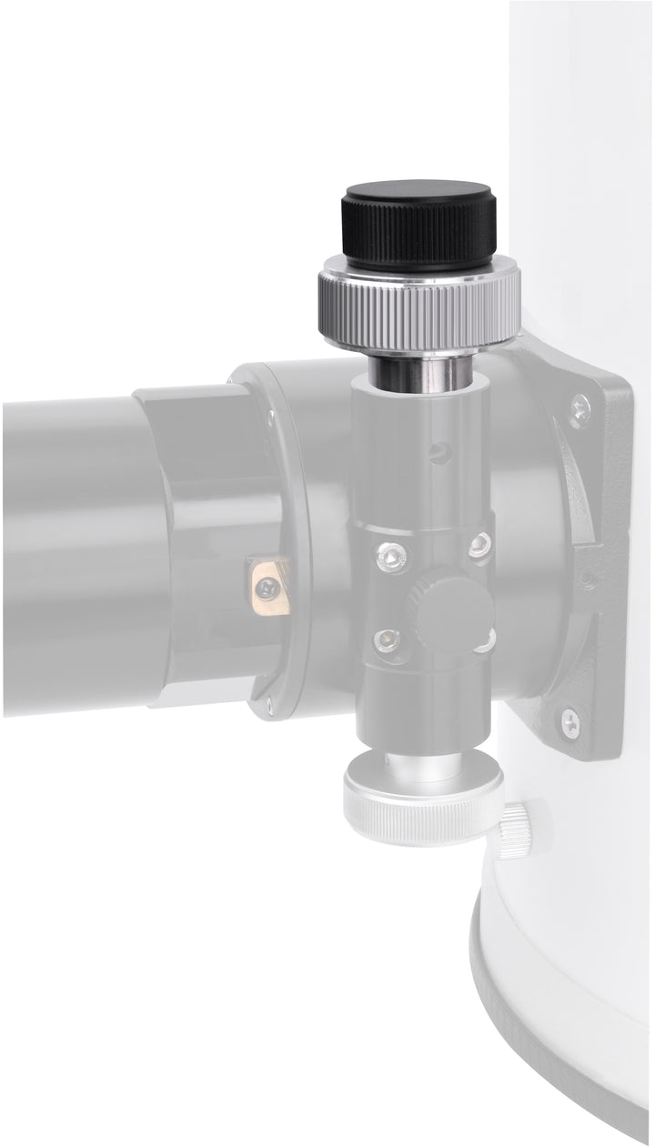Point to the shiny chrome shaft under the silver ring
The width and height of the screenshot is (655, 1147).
pyautogui.click(x=418, y=373)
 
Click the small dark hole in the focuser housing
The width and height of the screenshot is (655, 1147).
pyautogui.click(x=440, y=448)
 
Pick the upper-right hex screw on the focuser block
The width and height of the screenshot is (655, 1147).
pyautogui.click(x=480, y=546)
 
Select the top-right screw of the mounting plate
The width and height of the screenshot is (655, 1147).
pyautogui.click(x=580, y=408)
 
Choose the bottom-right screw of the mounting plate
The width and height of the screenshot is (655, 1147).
pyautogui.click(x=569, y=722)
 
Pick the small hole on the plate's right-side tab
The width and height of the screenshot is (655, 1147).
pyautogui.click(x=587, y=579)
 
